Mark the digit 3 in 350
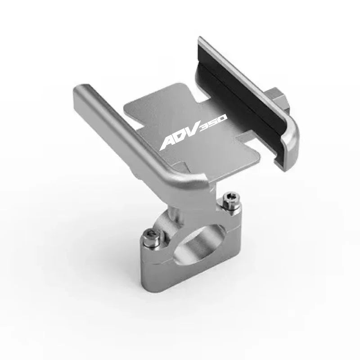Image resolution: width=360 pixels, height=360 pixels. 209,125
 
